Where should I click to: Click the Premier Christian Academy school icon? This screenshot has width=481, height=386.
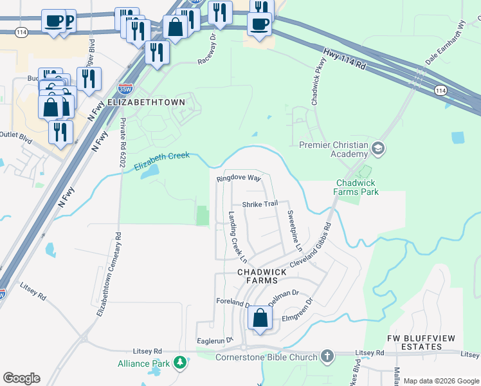point(378,149)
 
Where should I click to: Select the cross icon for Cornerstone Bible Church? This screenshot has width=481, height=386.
point(327,356)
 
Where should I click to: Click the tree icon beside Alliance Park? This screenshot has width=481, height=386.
point(181,363)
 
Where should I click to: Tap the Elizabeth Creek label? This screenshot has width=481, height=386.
point(162,161)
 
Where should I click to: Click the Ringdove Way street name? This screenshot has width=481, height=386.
point(239,178)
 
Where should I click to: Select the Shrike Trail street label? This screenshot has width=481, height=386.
point(259,204)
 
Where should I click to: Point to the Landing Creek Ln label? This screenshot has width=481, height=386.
point(238,237)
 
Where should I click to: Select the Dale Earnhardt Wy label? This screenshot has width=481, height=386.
point(445,42)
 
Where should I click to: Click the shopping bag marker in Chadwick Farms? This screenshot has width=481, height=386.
point(260,318)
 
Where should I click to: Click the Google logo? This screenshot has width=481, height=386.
point(21,378)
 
